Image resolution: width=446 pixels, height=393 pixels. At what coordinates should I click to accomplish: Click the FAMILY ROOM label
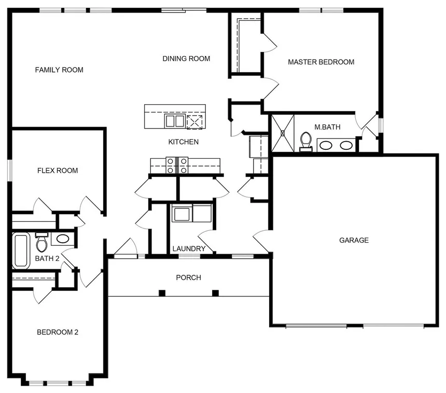pos(59,69)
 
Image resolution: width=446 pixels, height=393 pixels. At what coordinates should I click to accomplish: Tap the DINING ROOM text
pos(186,59)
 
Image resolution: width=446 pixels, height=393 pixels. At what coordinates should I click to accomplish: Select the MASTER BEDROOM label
pos(321,62)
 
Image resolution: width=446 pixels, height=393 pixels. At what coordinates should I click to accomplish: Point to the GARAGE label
pos(354,240)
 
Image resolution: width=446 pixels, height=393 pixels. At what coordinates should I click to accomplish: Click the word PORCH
pos(189,277)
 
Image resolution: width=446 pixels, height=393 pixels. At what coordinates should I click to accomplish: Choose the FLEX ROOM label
pos(58,171)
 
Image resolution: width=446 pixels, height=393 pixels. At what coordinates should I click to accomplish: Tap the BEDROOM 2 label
pos(58,332)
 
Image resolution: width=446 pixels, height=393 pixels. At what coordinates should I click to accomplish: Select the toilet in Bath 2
pos(42,242)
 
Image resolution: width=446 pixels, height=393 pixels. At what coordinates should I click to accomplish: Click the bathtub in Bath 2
pos(21,251)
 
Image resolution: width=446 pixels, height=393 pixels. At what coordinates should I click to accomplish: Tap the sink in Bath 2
pos(63,239)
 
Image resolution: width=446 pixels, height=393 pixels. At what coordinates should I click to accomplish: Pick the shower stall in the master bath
pos(283,133)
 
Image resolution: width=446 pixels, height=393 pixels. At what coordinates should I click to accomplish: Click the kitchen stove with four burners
pos(177,165)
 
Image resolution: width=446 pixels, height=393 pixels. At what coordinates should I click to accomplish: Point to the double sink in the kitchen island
pos(175,121)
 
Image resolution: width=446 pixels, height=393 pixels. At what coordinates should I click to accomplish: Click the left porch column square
pos(162,293)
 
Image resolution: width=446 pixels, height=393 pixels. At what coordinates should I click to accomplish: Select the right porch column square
pos(215,293)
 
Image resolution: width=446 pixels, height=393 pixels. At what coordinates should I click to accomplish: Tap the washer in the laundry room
pos(182,213)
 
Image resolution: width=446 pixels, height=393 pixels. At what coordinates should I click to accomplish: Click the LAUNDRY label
pos(189,249)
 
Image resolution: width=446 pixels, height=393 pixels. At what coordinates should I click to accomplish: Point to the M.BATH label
pos(327,127)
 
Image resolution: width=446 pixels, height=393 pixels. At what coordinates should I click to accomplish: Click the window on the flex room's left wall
pos(10,171)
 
